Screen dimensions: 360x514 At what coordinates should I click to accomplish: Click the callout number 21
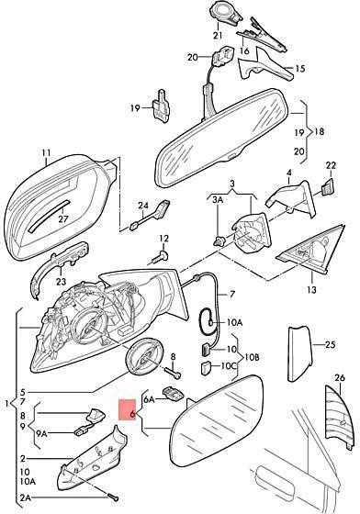(218, 35)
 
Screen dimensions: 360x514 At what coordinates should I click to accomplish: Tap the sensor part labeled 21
(226, 14)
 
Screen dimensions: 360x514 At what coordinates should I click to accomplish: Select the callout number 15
(299, 69)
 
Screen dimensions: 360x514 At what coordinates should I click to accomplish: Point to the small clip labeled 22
(328, 187)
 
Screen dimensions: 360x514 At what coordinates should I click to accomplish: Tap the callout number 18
(319, 132)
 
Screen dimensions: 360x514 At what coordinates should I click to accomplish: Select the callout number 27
(62, 218)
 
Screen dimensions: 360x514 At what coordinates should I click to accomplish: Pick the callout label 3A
(218, 200)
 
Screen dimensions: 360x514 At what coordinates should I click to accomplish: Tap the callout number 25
(331, 344)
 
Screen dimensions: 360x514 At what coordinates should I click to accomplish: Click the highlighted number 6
(132, 414)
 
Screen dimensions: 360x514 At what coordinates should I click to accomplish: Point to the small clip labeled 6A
(173, 394)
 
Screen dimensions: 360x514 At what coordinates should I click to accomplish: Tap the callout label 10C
(228, 365)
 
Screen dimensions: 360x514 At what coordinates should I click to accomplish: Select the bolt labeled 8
(173, 372)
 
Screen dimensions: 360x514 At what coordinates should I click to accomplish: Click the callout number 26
(340, 378)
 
